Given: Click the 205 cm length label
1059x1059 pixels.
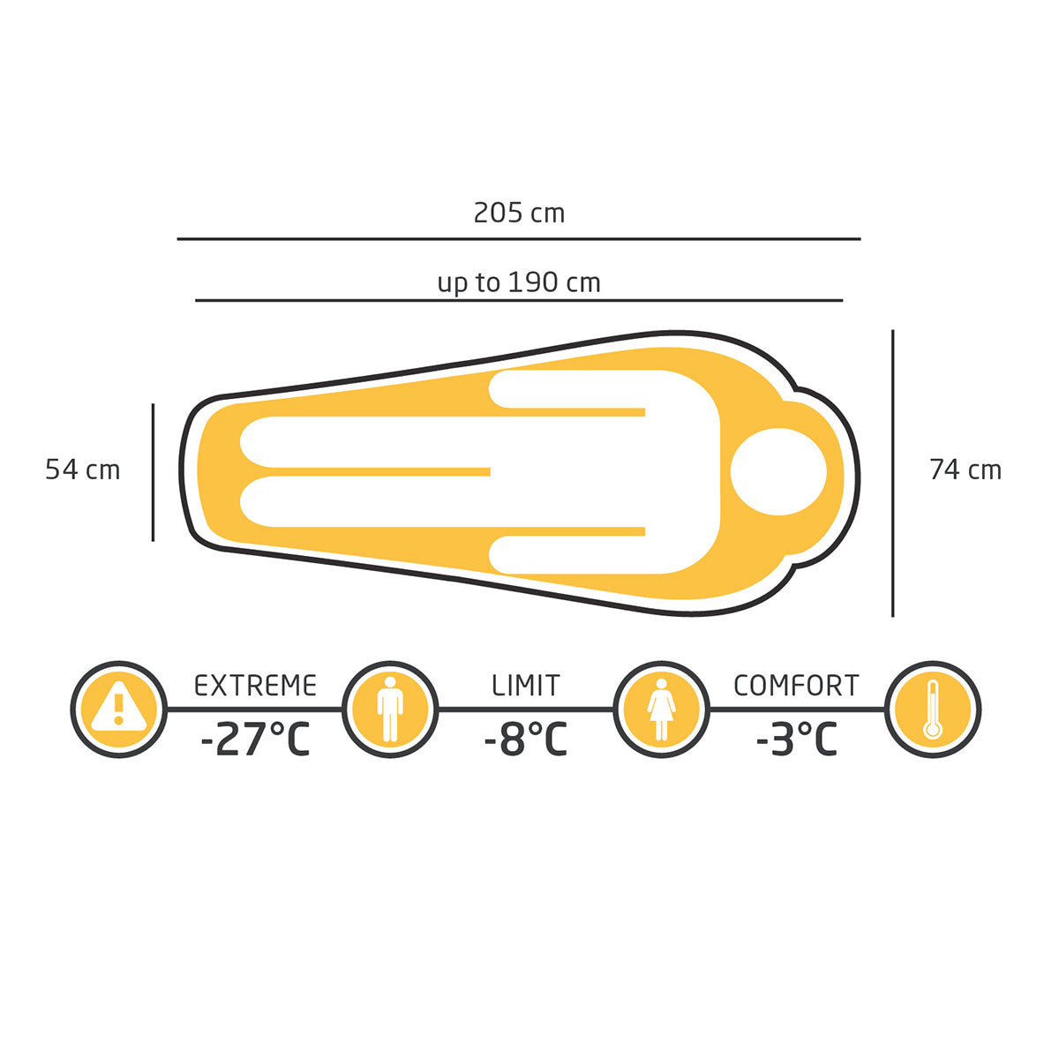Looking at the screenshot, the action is click(x=519, y=214).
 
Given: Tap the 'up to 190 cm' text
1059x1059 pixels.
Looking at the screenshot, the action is click(x=519, y=283).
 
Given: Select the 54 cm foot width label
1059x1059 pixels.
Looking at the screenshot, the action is click(x=82, y=469).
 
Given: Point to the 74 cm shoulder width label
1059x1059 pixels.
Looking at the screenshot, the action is click(x=965, y=469).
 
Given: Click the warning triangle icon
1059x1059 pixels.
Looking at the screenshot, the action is click(x=119, y=710).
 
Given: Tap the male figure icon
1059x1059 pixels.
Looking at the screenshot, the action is click(x=390, y=710).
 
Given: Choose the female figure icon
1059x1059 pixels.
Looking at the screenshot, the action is click(x=662, y=710).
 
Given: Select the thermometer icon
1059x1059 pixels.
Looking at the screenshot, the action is click(x=933, y=710).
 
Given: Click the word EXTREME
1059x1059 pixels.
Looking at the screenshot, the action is click(x=256, y=686).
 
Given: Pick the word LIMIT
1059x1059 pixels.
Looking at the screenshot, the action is click(x=526, y=686).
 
